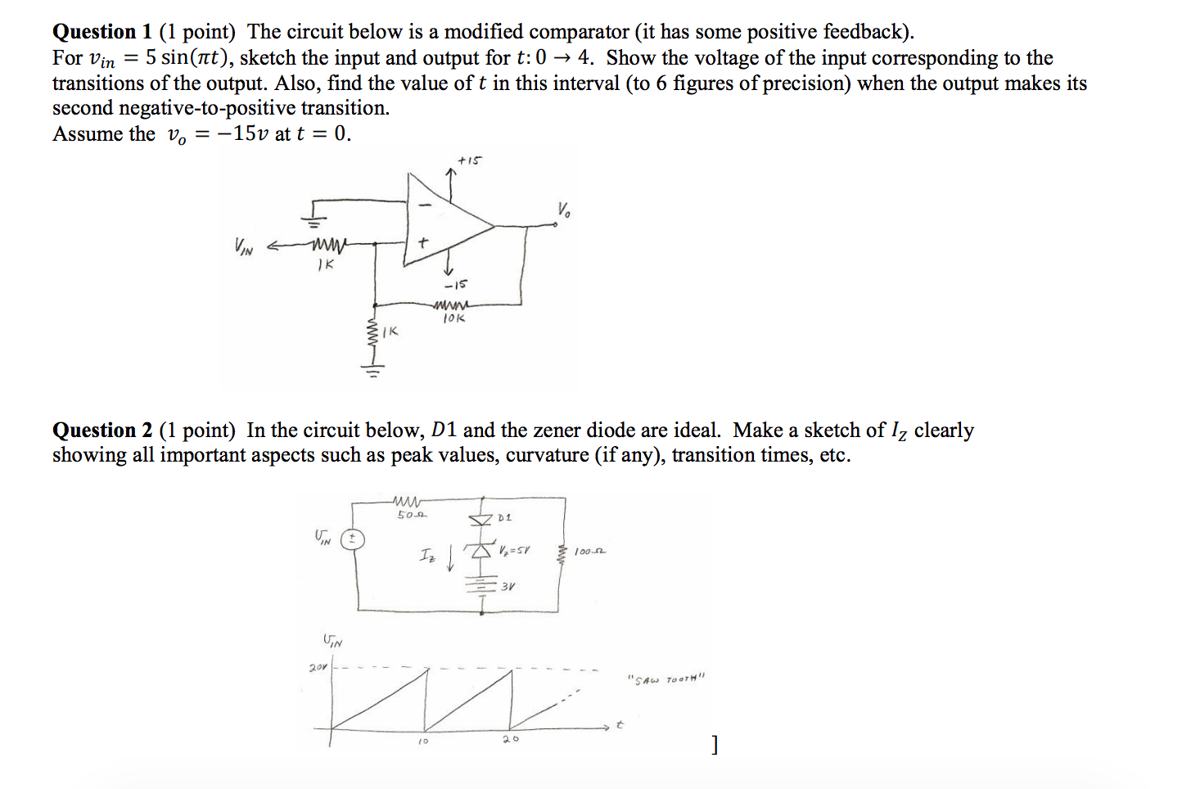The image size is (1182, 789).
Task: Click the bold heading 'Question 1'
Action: pyautogui.click(x=102, y=32)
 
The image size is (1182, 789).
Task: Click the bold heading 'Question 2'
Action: pyautogui.click(x=102, y=431)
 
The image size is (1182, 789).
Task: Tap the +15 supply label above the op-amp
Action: pyautogui.click(x=469, y=160)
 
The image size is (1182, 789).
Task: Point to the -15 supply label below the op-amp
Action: pyautogui.click(x=455, y=285)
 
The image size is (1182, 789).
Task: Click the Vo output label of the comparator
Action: pyautogui.click(x=565, y=210)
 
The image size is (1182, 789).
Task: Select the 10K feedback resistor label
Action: pyautogui.click(x=453, y=318)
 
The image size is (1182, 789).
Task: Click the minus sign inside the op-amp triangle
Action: pyautogui.click(x=424, y=205)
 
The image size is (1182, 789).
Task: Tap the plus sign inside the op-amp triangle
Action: pyautogui.click(x=422, y=243)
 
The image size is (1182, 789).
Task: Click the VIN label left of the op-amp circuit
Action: pyautogui.click(x=243, y=246)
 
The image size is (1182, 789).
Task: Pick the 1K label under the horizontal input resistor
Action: pyautogui.click(x=325, y=264)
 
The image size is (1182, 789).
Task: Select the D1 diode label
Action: pyautogui.click(x=504, y=517)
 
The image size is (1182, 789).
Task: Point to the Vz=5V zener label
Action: pyautogui.click(x=514, y=550)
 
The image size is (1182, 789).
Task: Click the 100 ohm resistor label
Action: pyautogui.click(x=589, y=552)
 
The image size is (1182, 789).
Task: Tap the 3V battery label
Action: pyautogui.click(x=508, y=586)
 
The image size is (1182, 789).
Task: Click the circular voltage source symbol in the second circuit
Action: pyautogui.click(x=353, y=539)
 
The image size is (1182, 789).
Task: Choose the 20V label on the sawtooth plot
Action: pyautogui.click(x=318, y=668)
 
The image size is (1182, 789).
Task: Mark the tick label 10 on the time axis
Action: pyautogui.click(x=422, y=742)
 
